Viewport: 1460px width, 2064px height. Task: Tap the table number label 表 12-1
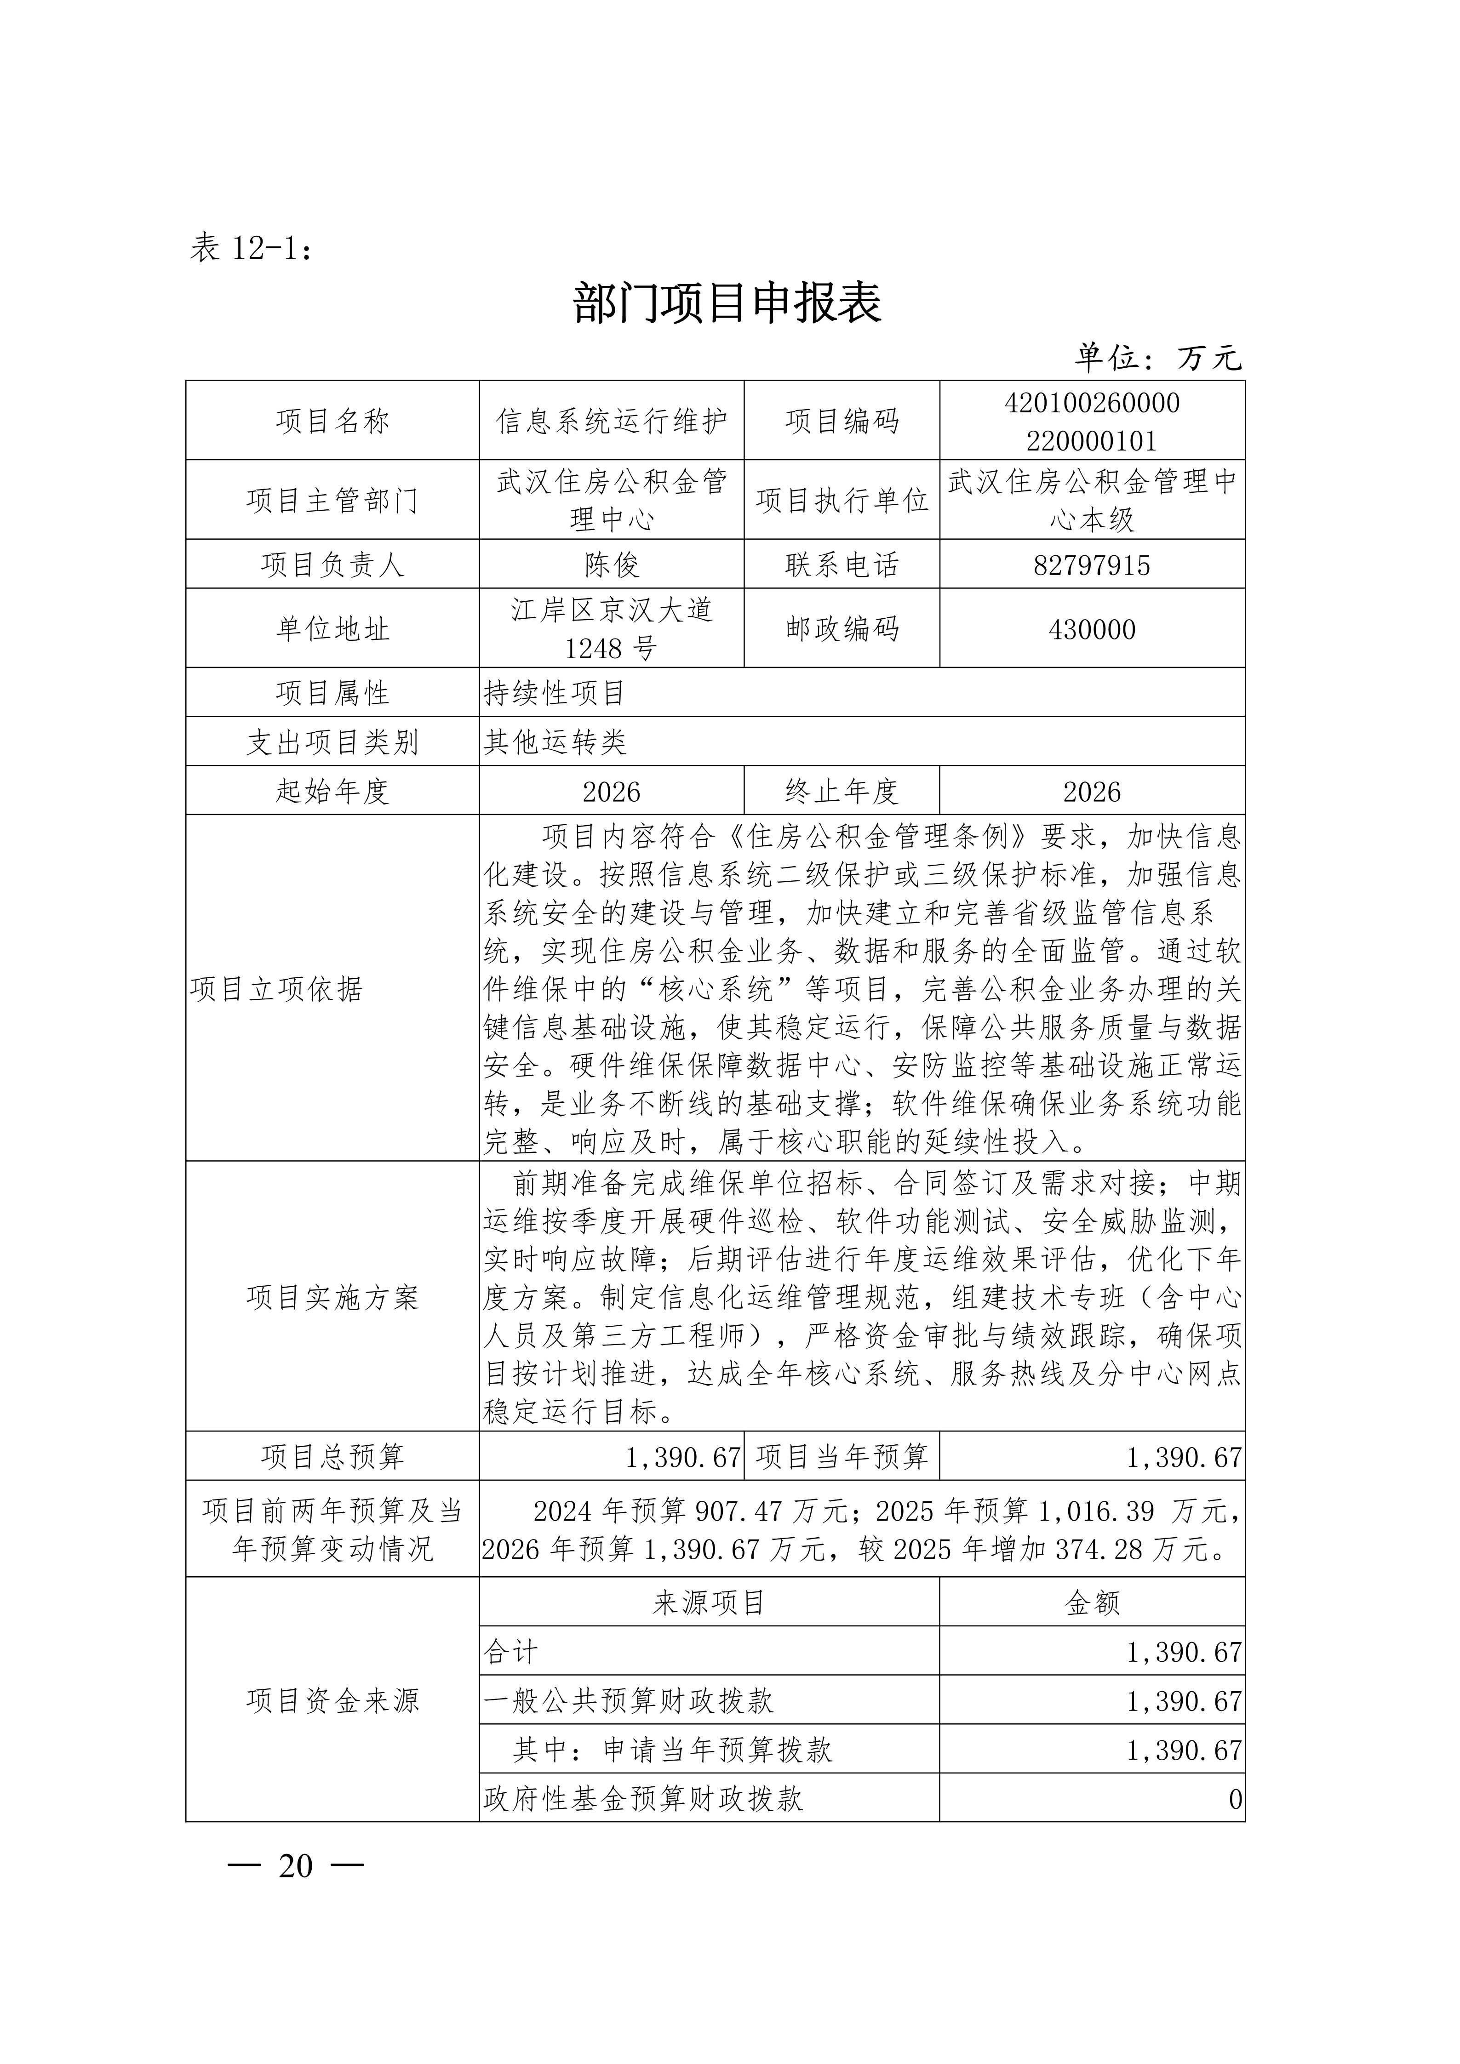[251, 247]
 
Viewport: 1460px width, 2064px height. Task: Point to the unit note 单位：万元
[1158, 358]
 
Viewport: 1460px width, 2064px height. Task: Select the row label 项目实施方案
[332, 1297]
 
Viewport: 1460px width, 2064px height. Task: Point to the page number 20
[296, 1866]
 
